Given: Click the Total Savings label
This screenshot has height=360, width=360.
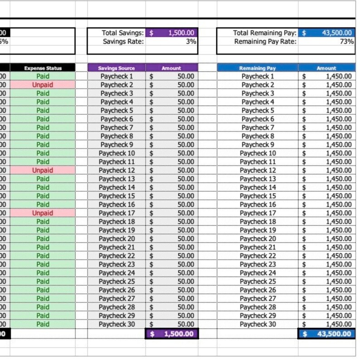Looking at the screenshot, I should tap(123, 33).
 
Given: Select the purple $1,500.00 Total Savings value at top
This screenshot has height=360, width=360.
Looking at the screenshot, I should tap(172, 33).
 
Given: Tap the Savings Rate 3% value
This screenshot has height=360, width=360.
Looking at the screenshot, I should tap(191, 41).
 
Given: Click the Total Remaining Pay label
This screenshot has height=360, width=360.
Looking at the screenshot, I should tap(265, 33).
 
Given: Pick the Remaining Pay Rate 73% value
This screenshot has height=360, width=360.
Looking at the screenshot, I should tap(347, 41).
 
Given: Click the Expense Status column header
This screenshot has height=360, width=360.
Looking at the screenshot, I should tap(43, 68).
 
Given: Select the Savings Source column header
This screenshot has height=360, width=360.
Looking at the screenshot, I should tap(117, 68).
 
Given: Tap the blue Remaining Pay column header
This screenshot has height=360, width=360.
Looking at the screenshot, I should tap(258, 68).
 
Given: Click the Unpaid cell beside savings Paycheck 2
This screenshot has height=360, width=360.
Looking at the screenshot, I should tap(43, 85).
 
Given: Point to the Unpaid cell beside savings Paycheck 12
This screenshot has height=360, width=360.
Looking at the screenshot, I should tap(43, 170).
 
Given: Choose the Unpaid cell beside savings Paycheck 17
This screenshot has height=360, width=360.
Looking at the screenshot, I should tap(43, 213).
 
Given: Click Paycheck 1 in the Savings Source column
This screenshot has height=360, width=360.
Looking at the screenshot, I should tap(117, 76).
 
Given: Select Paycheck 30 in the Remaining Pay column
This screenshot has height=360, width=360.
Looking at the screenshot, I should tap(258, 324).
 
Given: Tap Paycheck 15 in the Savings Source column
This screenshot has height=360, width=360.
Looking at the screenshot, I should tap(117, 196).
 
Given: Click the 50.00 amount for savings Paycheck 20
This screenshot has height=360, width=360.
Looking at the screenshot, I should tap(185, 238).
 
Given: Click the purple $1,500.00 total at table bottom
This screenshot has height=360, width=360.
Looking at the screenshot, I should tap(172, 334).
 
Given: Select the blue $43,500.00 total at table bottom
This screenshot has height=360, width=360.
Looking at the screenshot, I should tap(327, 334).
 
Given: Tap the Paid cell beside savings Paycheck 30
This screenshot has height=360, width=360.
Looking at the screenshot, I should tap(43, 324).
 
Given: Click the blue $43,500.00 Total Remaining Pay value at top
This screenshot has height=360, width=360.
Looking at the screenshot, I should tap(327, 33).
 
